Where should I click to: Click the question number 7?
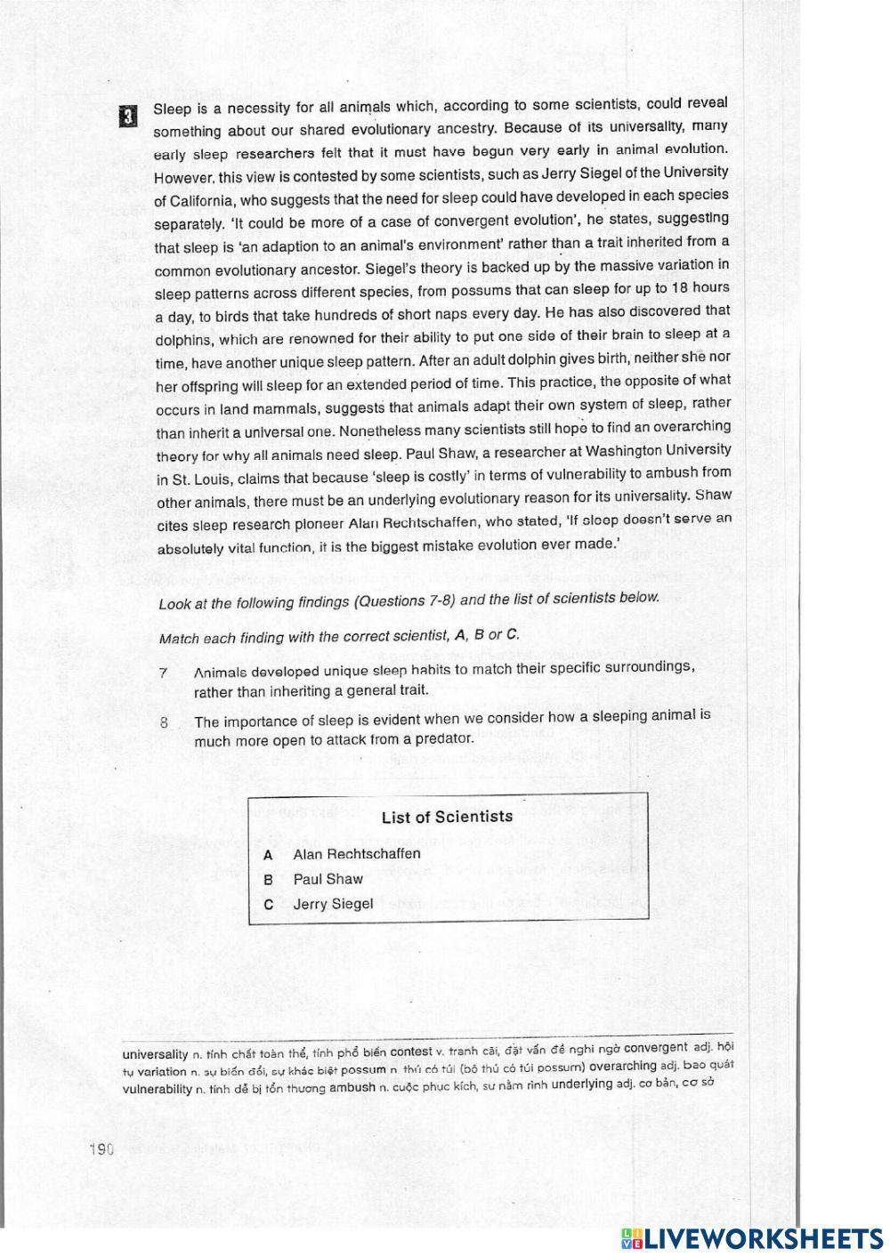(164, 673)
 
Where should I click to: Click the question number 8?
(165, 722)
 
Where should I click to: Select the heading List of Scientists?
(447, 817)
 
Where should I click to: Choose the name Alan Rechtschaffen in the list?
(356, 854)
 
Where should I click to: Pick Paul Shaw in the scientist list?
(328, 879)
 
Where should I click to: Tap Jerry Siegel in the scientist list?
(333, 904)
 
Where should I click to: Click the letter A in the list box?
(268, 855)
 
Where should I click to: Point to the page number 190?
(102, 1149)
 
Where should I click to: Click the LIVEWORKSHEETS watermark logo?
(751, 1238)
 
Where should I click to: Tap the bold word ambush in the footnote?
(352, 1087)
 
